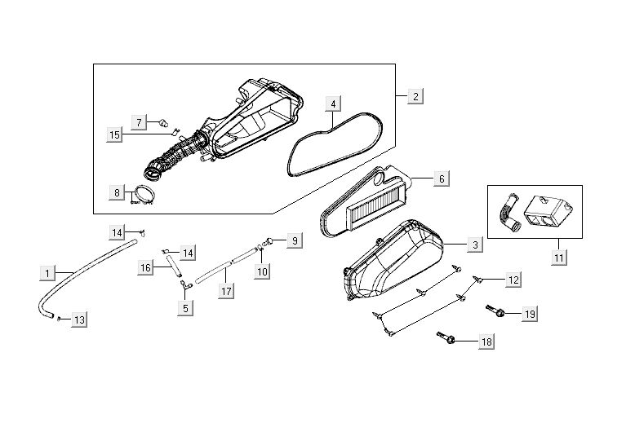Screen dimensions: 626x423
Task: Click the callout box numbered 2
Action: click(415, 96)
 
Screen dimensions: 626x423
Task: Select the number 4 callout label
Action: click(333, 104)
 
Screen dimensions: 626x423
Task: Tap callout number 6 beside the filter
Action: click(442, 178)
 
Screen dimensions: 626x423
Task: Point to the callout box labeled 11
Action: click(559, 258)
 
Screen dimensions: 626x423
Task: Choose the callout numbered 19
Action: click(530, 314)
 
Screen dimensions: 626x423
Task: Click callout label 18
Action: click(486, 341)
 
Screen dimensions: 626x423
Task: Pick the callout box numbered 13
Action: click(79, 319)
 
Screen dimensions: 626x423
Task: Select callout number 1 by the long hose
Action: click(47, 274)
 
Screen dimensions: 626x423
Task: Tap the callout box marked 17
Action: click(226, 292)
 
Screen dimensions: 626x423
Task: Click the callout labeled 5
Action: click(185, 308)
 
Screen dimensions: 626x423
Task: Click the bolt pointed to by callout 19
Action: click(495, 311)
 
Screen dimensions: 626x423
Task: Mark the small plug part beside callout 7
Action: click(164, 123)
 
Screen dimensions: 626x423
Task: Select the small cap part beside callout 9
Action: click(269, 240)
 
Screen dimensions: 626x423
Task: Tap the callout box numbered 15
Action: click(114, 135)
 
